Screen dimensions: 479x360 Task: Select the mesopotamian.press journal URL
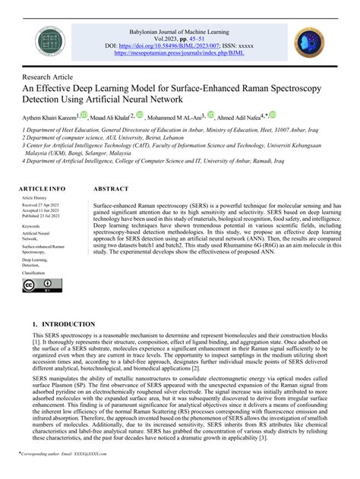pos(179,54)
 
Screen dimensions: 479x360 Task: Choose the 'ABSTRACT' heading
pos(111,188)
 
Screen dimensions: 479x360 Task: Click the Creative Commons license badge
pos(37,286)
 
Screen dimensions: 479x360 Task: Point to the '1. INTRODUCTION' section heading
pos(65,323)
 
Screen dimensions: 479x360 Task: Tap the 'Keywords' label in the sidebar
pos(31,226)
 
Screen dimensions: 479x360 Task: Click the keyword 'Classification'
pos(34,272)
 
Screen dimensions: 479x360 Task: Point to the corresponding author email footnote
pos(58,471)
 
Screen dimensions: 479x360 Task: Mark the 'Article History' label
pos(35,197)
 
